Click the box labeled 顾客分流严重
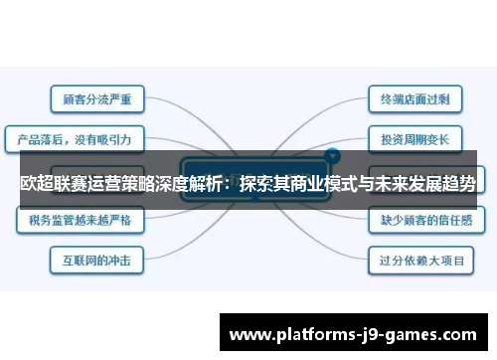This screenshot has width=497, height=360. (96, 98)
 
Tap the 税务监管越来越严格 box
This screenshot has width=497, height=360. (81, 216)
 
